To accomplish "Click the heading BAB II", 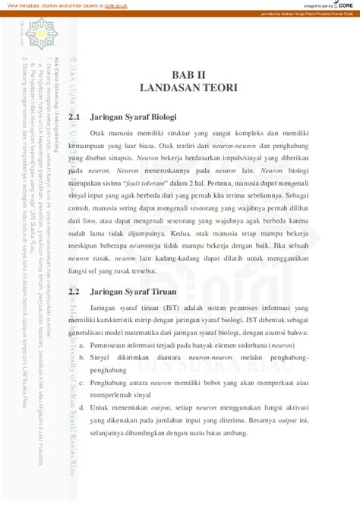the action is tap(188, 74).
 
